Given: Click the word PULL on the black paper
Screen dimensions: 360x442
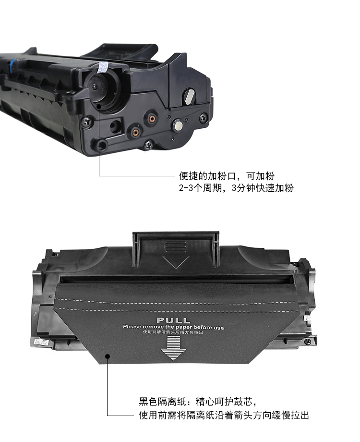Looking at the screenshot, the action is click(x=173, y=320).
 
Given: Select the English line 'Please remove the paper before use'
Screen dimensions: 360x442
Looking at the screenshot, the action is click(x=174, y=327).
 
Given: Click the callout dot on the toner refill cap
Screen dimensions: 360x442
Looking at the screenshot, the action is click(x=99, y=106).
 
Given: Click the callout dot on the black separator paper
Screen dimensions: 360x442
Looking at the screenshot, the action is click(x=108, y=356).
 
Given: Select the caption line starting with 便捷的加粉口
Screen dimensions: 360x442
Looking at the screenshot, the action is click(x=227, y=176).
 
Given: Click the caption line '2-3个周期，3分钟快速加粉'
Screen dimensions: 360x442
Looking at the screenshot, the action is click(x=236, y=188).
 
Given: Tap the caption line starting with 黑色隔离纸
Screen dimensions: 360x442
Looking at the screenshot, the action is click(x=198, y=401).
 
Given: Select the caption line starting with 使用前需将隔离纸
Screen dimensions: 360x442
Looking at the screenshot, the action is click(x=224, y=415).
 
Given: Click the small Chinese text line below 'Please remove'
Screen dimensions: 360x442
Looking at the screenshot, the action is click(x=173, y=332).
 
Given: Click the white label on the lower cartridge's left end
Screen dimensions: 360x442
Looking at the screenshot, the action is click(x=41, y=342).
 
